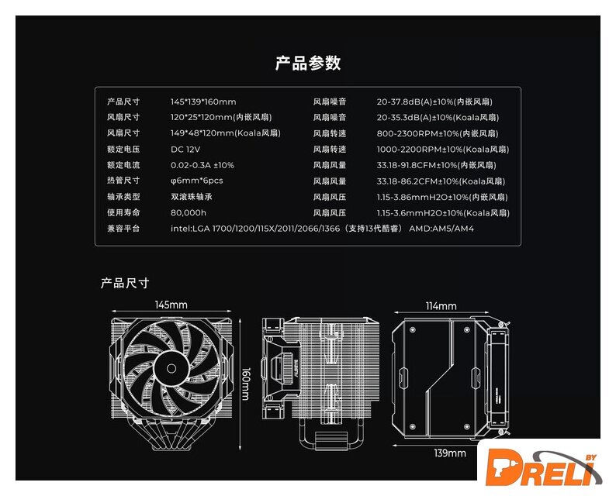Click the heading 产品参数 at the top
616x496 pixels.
[308, 64]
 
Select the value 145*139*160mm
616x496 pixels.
[203, 102]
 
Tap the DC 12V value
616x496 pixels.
[185, 150]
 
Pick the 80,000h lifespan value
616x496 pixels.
[189, 213]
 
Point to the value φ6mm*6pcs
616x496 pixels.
[196, 181]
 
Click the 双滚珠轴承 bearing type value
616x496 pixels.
[192, 197]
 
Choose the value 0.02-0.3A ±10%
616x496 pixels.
[202, 165]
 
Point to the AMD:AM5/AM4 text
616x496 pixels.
[441, 229]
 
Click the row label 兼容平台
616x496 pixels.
[123, 229]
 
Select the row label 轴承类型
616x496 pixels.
[123, 197]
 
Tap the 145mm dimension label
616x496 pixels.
[171, 305]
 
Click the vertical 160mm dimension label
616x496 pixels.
[246, 384]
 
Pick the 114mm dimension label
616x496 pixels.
[441, 306]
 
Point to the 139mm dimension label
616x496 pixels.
[450, 453]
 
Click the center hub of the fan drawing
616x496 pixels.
[171, 368]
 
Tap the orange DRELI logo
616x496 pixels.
[544, 468]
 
